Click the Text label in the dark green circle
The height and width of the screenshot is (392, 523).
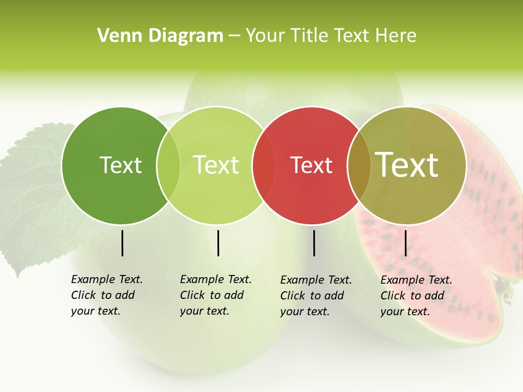tap(120, 165)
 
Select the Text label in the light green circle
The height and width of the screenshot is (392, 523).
tap(216, 165)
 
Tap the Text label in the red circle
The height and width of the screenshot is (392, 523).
tap(312, 166)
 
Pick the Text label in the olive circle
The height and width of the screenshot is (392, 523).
tap(407, 164)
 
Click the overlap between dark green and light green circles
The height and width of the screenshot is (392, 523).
tap(168, 166)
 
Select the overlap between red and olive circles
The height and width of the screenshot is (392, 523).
tap(359, 166)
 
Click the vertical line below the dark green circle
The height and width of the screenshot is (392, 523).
tap(122, 243)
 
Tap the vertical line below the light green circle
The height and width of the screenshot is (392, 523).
tap(218, 243)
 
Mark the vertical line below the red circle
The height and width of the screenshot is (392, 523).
tap(314, 243)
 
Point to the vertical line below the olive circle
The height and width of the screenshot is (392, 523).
tap(405, 243)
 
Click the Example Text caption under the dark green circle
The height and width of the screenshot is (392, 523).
tap(106, 295)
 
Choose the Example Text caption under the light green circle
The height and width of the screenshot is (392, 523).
tap(215, 295)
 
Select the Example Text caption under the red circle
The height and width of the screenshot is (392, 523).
tap(315, 295)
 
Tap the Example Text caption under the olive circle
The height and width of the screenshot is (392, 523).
tap(416, 295)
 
